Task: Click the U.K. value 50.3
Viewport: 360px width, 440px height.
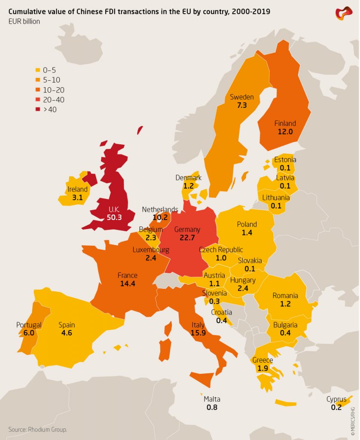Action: [x=114, y=217]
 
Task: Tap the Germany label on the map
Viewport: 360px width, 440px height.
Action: [x=187, y=229]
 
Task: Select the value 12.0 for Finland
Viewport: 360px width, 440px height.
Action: [x=285, y=132]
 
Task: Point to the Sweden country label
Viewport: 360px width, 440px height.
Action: [x=241, y=97]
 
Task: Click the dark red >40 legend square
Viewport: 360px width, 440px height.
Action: [x=38, y=110]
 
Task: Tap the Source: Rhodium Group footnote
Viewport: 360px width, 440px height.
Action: [x=38, y=429]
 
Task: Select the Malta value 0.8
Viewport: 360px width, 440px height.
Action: [x=212, y=407]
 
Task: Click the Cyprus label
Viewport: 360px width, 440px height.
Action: [x=336, y=399]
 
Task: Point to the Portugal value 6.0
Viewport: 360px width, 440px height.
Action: [x=29, y=333]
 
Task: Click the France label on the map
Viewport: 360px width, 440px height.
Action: [x=127, y=275]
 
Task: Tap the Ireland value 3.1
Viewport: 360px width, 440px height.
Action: [x=77, y=198]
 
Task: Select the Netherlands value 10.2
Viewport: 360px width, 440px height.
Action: [x=160, y=218]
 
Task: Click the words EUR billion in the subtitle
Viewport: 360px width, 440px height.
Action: [x=24, y=21]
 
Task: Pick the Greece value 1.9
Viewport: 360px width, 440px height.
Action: [x=263, y=369]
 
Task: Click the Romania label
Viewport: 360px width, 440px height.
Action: [x=285, y=296]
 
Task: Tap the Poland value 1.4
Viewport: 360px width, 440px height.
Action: [x=247, y=232]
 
